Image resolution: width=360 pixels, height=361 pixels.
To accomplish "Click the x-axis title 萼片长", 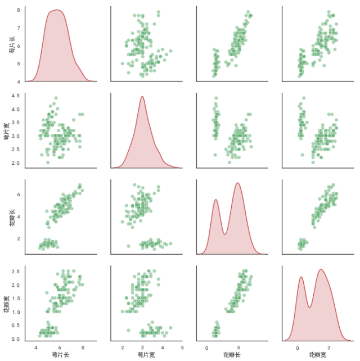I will click(60, 355).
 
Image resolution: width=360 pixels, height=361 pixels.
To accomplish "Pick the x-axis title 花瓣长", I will click(232, 355).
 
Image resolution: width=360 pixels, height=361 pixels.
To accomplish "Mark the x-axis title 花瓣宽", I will click(318, 355).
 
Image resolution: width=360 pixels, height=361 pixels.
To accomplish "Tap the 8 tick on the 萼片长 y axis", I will click(20, 10).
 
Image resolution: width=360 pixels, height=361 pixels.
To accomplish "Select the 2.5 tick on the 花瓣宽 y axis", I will click(18, 272).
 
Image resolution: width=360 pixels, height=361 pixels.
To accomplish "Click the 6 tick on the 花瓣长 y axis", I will click(20, 195).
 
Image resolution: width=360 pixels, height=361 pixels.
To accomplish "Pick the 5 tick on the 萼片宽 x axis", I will click(182, 348).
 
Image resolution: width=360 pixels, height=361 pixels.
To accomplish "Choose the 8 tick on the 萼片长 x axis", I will click(83, 348).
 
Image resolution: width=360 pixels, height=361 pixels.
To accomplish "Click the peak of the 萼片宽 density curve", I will click(142, 97).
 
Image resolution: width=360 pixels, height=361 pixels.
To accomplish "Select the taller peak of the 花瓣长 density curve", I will click(238, 183).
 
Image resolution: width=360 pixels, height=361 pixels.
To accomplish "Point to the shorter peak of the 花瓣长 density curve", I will click(216, 200).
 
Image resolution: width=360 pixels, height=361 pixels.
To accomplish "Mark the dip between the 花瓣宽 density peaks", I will click(309, 308).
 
